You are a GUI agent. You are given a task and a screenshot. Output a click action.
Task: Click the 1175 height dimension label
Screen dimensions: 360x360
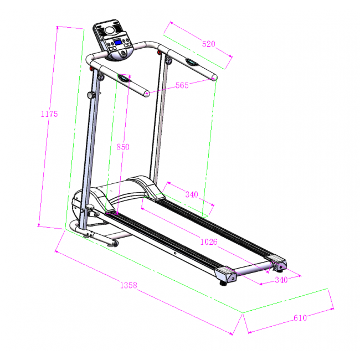(49, 114)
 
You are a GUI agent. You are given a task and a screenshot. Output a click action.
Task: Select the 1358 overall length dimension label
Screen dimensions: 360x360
(128, 285)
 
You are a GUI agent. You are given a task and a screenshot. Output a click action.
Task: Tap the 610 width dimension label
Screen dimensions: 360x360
(300, 318)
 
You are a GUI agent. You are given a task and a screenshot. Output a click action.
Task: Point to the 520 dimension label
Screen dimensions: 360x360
(208, 44)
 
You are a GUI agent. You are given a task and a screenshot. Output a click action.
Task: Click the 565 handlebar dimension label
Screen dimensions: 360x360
(182, 85)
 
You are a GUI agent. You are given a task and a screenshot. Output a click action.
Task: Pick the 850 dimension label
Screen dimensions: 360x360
(123, 147)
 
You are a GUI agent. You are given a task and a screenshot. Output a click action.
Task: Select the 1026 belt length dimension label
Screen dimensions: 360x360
(209, 242)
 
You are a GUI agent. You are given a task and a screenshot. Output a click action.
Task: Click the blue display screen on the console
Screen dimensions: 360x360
(118, 43)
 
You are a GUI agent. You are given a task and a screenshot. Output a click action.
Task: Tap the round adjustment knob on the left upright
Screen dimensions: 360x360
(91, 95)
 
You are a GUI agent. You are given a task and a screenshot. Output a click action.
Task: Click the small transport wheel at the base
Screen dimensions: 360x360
(115, 243)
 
